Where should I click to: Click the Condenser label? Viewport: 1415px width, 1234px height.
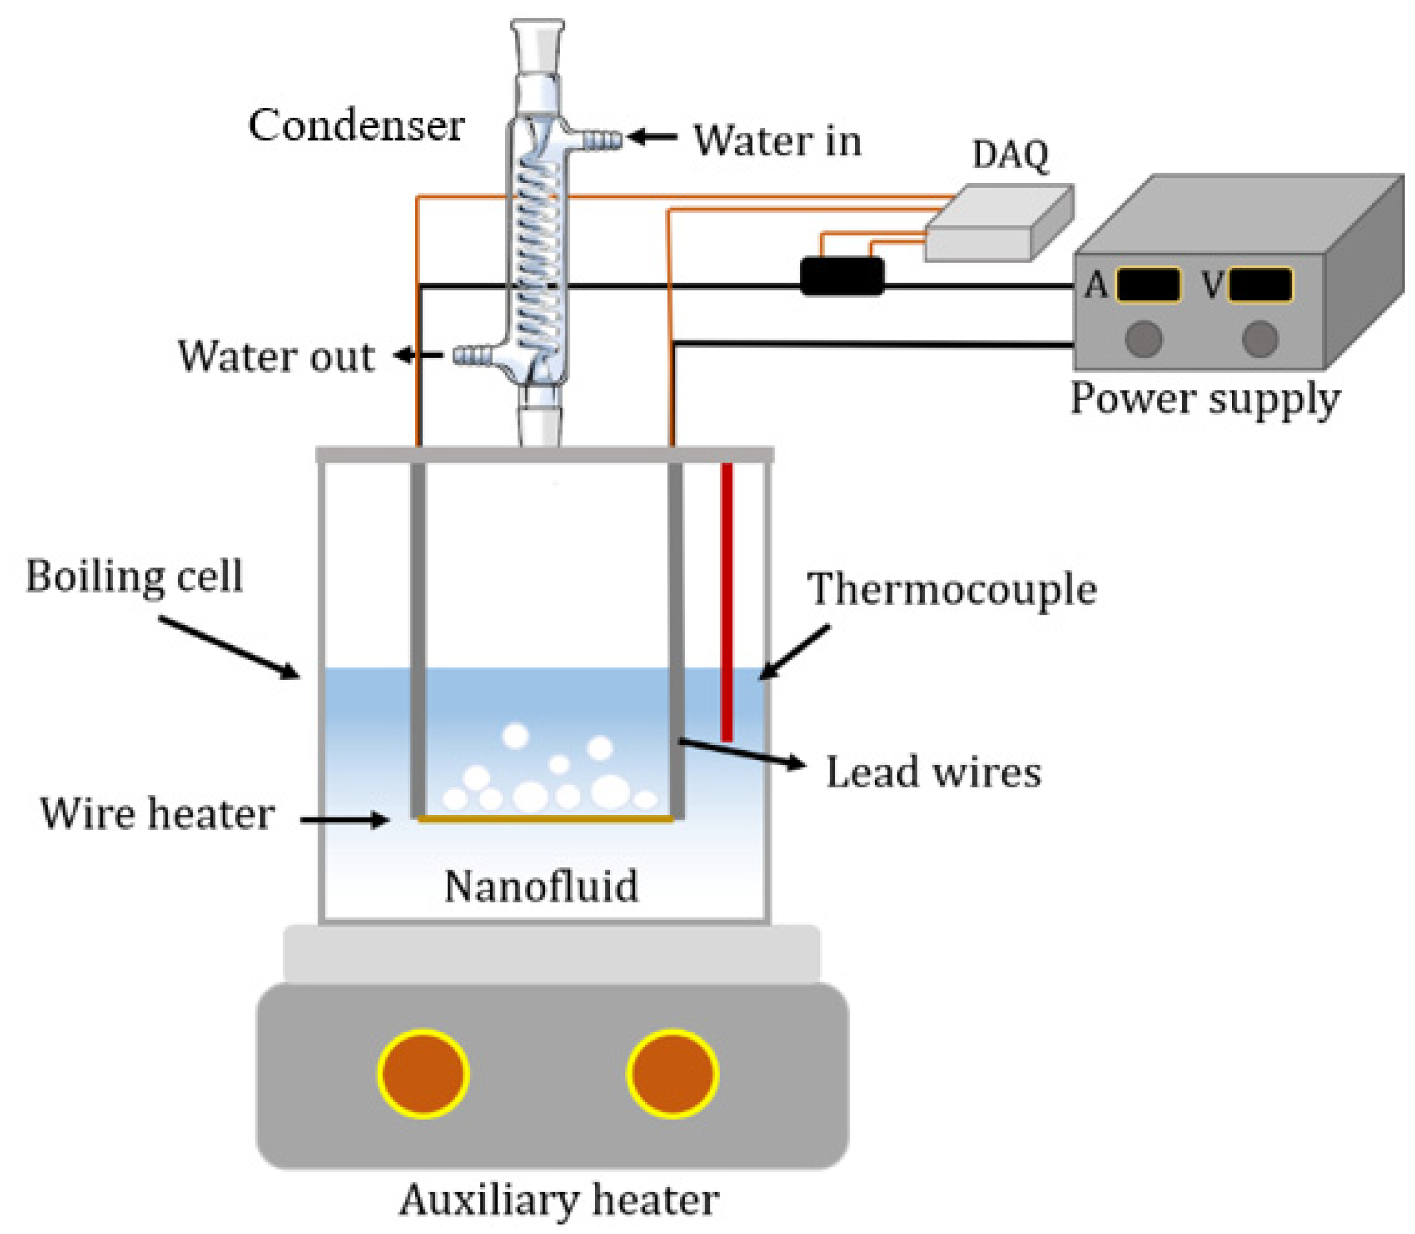356,126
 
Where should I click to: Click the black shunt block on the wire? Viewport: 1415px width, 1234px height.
842,276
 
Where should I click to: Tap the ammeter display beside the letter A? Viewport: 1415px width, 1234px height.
1148,284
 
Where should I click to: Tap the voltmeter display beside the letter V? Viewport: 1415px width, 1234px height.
1260,284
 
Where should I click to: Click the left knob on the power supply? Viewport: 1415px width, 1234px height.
1143,339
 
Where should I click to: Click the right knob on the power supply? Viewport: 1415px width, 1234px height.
1260,339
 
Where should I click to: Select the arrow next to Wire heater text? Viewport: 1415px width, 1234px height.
344,819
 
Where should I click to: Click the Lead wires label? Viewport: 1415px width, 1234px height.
933,772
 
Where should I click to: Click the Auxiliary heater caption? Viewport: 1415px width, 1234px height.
559,1200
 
